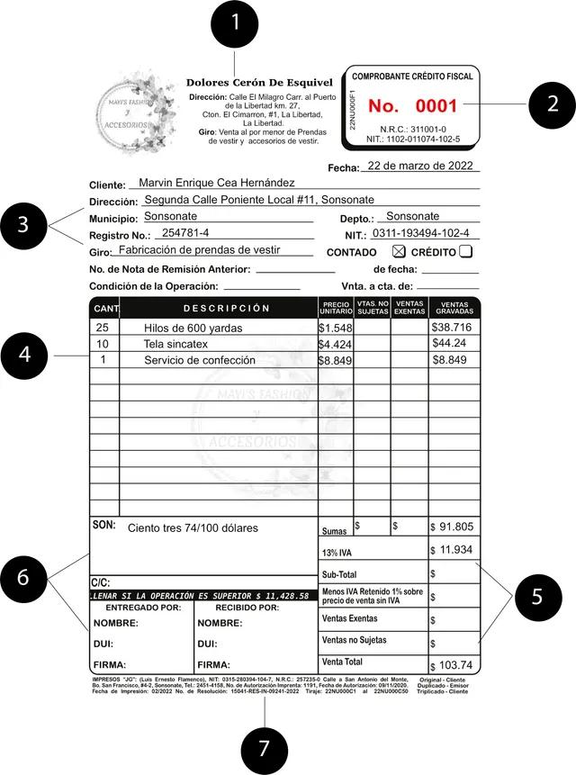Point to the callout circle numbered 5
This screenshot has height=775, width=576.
[535, 597]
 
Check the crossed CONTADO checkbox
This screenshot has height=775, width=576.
[400, 252]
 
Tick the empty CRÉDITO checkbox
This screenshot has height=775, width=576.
[466, 252]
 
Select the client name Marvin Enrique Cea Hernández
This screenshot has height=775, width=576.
[217, 183]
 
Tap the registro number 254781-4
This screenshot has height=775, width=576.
[186, 233]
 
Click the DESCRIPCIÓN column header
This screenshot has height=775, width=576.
[226, 309]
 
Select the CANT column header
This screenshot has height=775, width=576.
[104, 309]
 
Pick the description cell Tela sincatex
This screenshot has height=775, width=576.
[175, 344]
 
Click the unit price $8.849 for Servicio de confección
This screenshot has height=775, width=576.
[335, 360]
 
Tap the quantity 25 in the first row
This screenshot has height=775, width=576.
[102, 328]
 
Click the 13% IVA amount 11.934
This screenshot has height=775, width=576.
[454, 549]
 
